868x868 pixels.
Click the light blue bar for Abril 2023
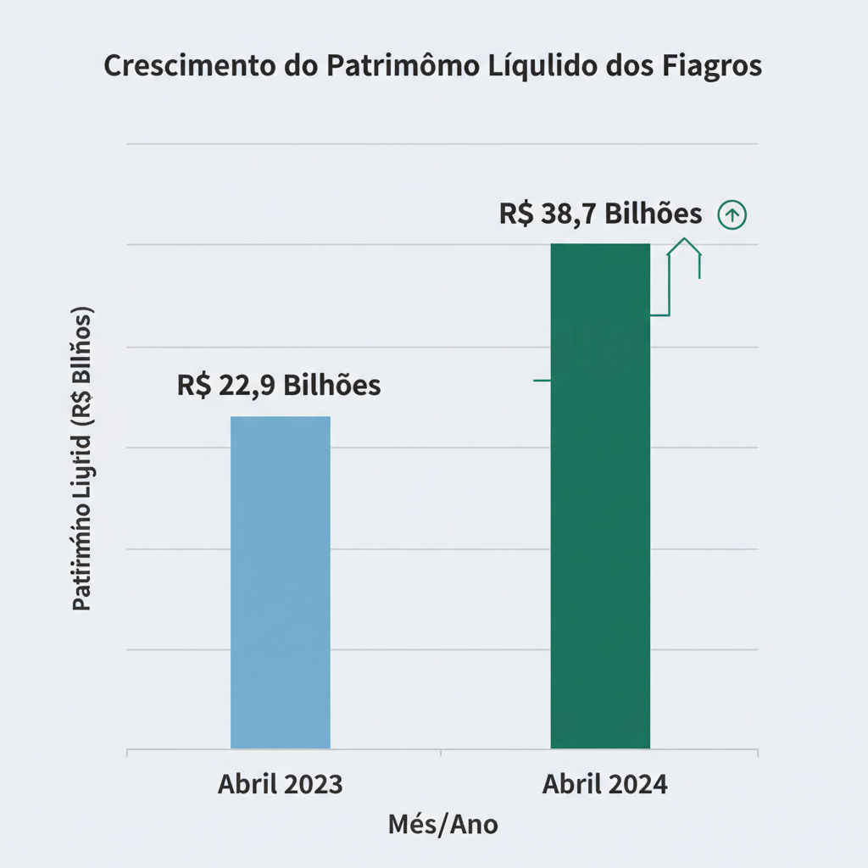281,582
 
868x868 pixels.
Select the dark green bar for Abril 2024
600,496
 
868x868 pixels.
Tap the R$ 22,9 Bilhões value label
279,385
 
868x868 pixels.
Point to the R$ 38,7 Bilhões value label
600,214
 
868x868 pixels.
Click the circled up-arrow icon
732,215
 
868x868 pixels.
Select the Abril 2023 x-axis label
281,784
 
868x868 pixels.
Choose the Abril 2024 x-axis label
604,784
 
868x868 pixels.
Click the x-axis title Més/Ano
443,824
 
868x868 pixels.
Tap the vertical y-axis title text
82,458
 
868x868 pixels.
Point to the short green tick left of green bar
542,381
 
